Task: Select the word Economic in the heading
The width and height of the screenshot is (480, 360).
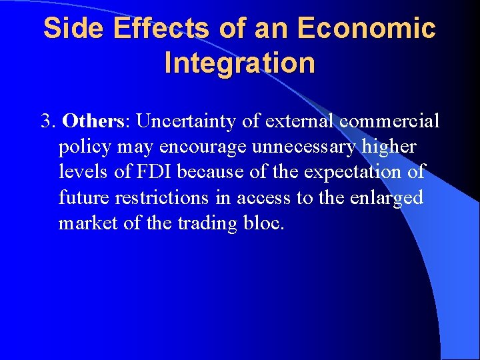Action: click(x=367, y=28)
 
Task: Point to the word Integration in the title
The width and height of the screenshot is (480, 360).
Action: click(x=239, y=63)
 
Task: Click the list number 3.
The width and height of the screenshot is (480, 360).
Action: click(x=47, y=121)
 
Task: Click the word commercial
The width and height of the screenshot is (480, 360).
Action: click(x=390, y=121)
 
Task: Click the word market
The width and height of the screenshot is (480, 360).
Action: click(x=83, y=223)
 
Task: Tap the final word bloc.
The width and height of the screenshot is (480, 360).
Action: click(x=266, y=223)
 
